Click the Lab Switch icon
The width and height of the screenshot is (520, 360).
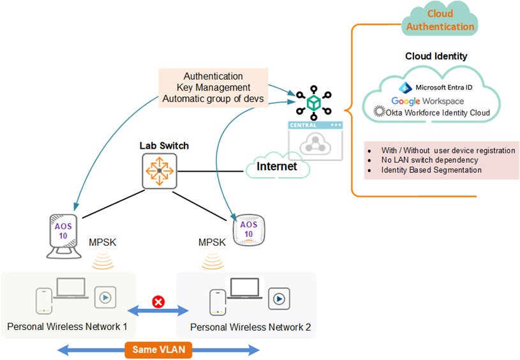(159, 170)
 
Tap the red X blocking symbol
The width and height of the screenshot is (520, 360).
(158, 301)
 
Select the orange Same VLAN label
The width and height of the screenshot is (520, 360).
(159, 350)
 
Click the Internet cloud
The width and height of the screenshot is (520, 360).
(277, 167)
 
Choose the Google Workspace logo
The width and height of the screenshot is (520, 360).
(427, 101)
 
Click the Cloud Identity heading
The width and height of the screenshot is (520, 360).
(436, 56)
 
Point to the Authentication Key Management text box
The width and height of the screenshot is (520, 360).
(212, 87)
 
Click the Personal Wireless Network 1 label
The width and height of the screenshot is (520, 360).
(67, 327)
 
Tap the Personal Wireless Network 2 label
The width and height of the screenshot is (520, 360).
(251, 327)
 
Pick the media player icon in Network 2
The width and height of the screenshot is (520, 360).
(277, 297)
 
